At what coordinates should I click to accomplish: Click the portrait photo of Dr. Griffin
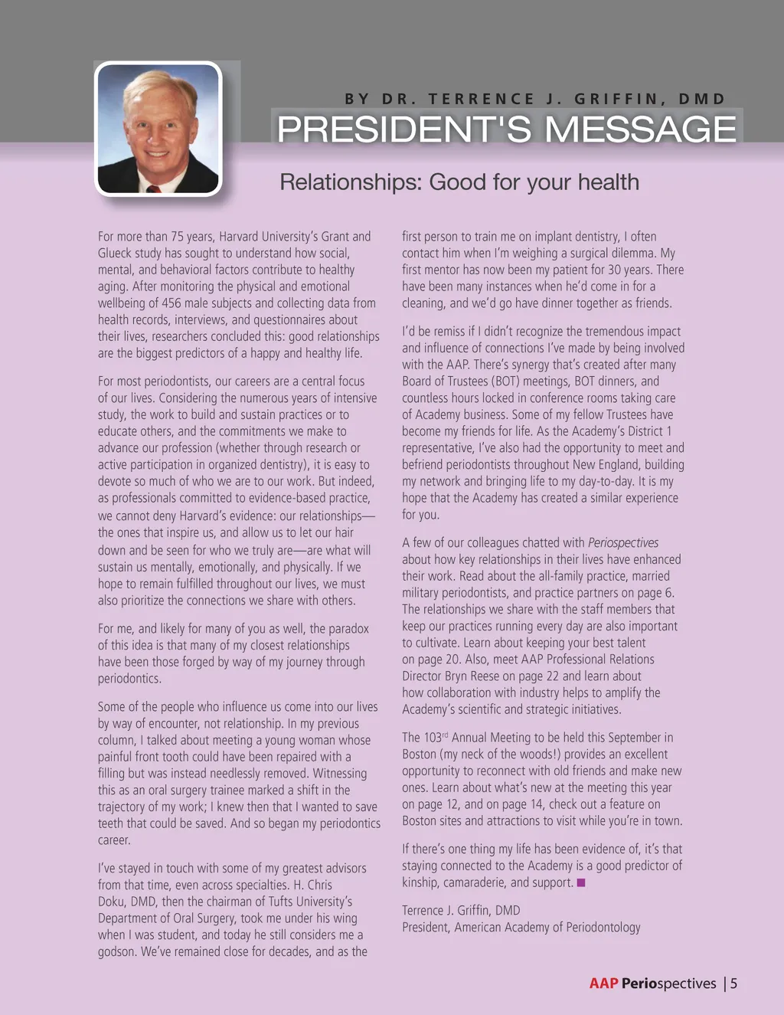tap(158, 129)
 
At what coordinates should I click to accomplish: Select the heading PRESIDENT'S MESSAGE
tap(506, 129)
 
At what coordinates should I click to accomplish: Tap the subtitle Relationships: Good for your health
tap(459, 182)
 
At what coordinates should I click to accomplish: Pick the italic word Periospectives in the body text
tap(623, 543)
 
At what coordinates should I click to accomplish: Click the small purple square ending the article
tap(581, 882)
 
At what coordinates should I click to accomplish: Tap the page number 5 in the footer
tap(733, 984)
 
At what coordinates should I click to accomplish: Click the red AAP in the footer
tap(603, 984)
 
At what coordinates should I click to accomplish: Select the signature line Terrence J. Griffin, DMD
tap(461, 911)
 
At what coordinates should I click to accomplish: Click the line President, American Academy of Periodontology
tap(521, 928)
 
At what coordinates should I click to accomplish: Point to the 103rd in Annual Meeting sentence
tap(433, 738)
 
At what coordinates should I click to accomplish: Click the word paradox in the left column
tap(348, 629)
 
